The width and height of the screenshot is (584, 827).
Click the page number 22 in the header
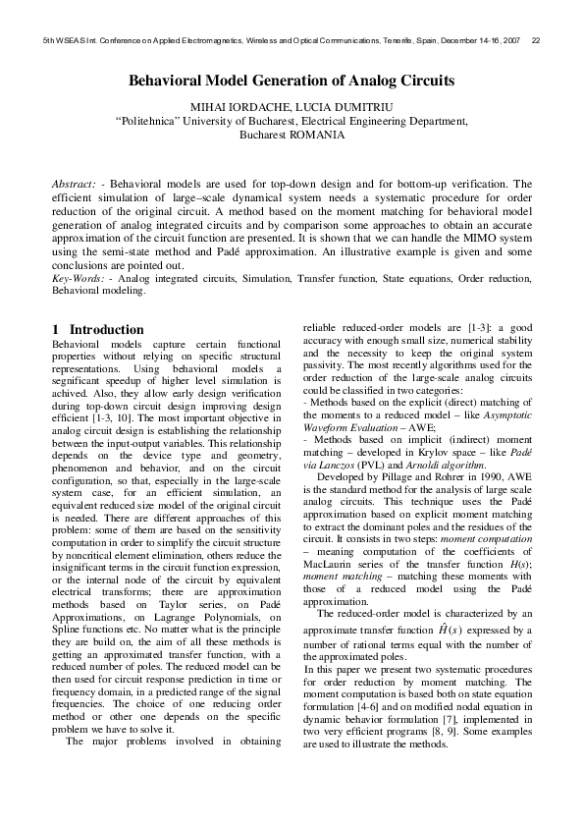point(536,41)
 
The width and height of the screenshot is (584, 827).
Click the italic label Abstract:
point(73,184)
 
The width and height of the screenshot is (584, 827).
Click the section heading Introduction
point(107,329)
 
